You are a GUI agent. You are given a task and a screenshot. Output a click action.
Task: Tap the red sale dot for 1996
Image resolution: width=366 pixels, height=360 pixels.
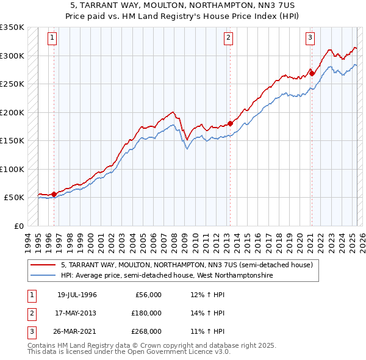(x=54, y=194)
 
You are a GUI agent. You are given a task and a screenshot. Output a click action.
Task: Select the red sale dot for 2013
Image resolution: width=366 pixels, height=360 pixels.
(x=230, y=123)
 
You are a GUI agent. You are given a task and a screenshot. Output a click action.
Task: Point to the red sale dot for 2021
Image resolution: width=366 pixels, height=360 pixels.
(x=312, y=73)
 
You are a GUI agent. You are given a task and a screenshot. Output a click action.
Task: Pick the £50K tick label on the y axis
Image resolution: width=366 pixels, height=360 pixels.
(x=14, y=198)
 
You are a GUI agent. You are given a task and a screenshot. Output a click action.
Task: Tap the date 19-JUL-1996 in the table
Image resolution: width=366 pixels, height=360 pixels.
(x=77, y=295)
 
